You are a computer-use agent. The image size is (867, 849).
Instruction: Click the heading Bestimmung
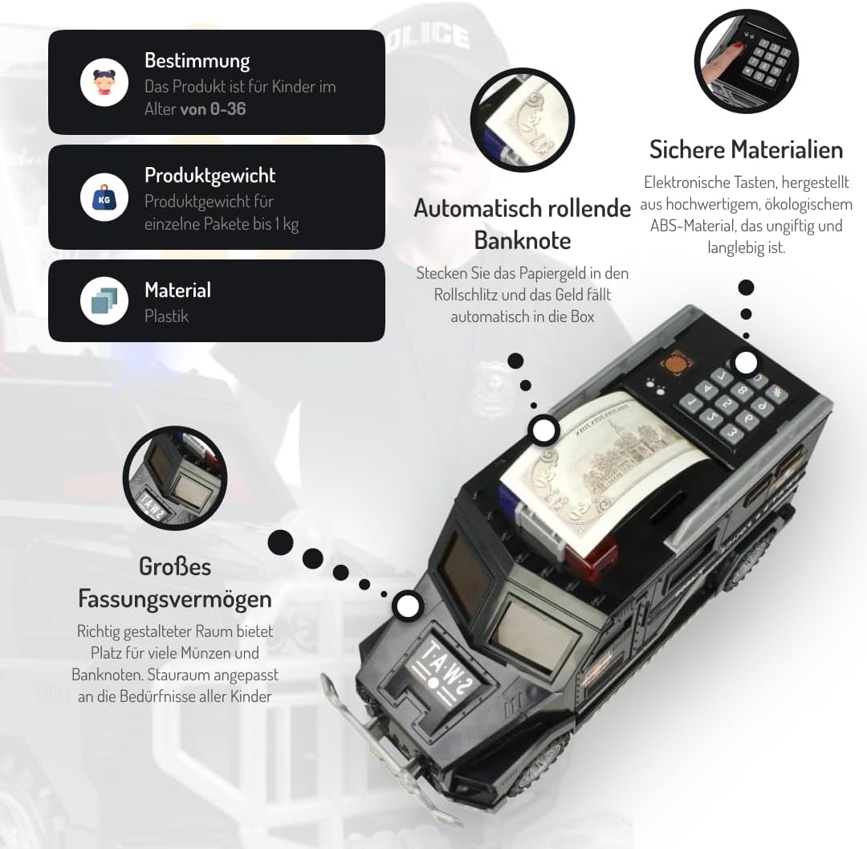[197, 60]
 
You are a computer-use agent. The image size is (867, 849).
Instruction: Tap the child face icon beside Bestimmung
[104, 82]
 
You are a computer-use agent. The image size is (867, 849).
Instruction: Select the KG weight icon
[104, 197]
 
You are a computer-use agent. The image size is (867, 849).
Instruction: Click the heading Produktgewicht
[210, 175]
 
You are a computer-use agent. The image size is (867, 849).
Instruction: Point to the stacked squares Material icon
[104, 300]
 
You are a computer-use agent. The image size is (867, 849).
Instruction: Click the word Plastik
[166, 316]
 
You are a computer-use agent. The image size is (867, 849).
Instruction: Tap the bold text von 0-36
[213, 108]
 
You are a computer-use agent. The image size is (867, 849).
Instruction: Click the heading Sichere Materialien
[746, 149]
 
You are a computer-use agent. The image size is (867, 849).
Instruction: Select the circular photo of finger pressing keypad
[746, 61]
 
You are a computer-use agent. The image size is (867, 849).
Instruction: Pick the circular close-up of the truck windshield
[174, 479]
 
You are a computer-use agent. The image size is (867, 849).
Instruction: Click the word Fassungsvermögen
[174, 598]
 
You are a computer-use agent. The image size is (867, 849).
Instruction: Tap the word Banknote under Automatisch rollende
[522, 240]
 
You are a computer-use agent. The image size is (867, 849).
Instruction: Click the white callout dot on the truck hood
[409, 605]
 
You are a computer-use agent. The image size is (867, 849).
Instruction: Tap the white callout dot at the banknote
[544, 431]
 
